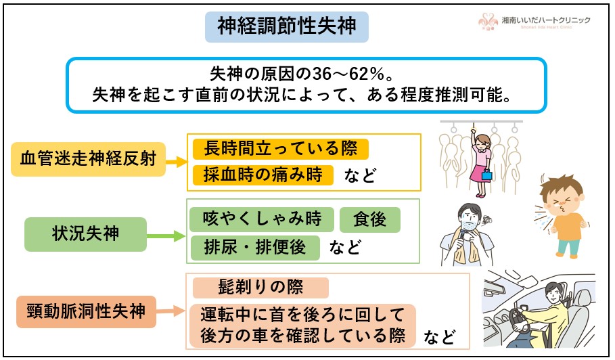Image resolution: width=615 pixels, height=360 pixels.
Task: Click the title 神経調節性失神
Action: coord(286,26)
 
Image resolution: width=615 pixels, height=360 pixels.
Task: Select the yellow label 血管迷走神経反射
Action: coord(88,160)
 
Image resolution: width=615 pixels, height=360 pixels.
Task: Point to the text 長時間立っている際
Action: coord(280,148)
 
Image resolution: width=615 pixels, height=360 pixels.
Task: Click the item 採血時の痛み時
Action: coord(263,175)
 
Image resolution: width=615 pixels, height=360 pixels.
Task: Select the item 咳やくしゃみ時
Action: coord(262,219)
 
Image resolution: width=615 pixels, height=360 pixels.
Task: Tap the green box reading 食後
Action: coord(369,219)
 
